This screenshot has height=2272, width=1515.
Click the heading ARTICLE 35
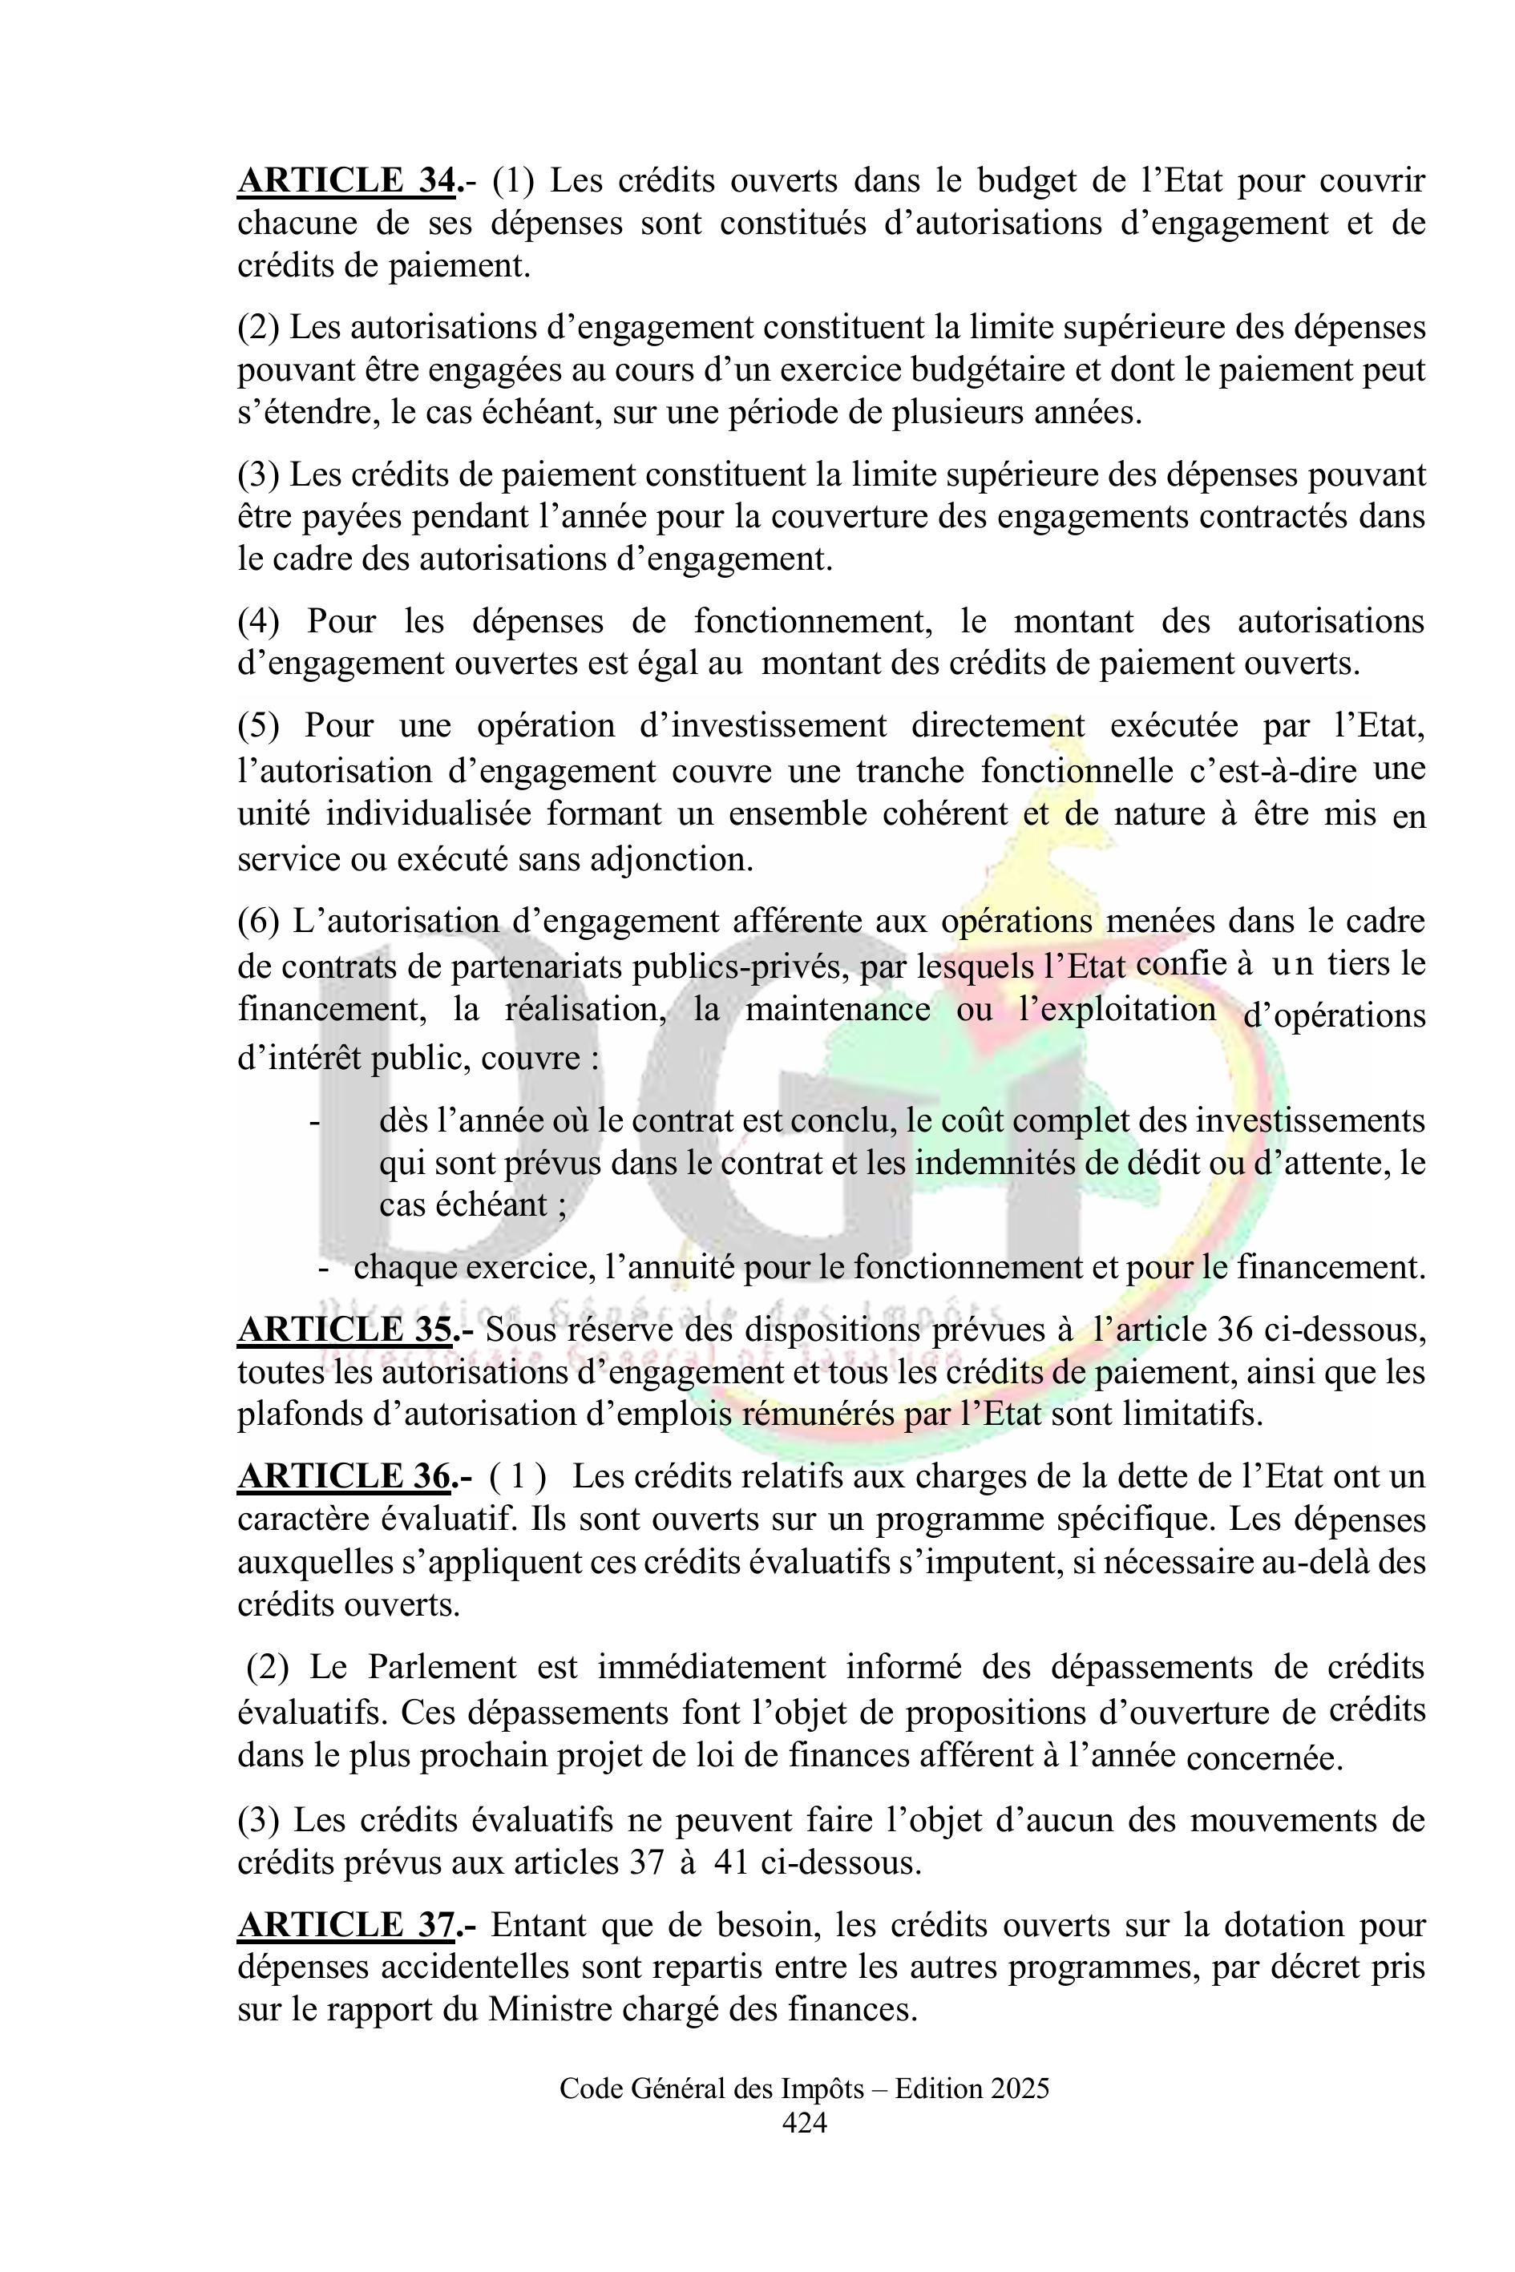[x=345, y=1330]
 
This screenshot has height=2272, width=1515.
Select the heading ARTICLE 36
[x=345, y=1477]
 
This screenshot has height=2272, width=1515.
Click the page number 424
[x=804, y=2122]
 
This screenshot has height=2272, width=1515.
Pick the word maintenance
[x=838, y=1010]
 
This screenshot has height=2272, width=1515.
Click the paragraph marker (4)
[x=258, y=621]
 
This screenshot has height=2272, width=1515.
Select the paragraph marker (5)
[x=258, y=725]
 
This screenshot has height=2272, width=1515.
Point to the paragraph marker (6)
[x=258, y=922]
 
